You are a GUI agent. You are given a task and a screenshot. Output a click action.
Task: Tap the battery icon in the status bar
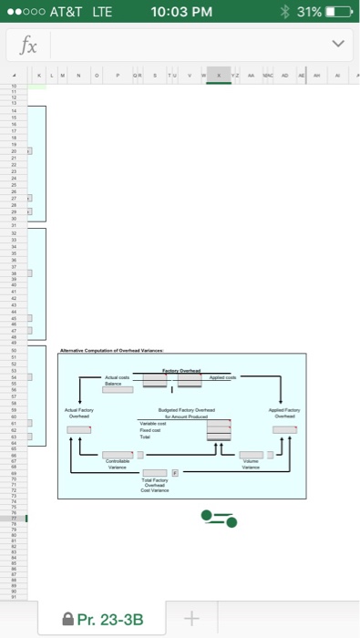(x=334, y=12)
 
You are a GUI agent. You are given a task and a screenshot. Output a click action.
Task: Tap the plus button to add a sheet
(x=190, y=620)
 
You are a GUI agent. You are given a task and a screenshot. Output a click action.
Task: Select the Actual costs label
(x=118, y=378)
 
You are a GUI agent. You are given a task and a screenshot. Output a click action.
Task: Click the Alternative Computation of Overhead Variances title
(x=118, y=350)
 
